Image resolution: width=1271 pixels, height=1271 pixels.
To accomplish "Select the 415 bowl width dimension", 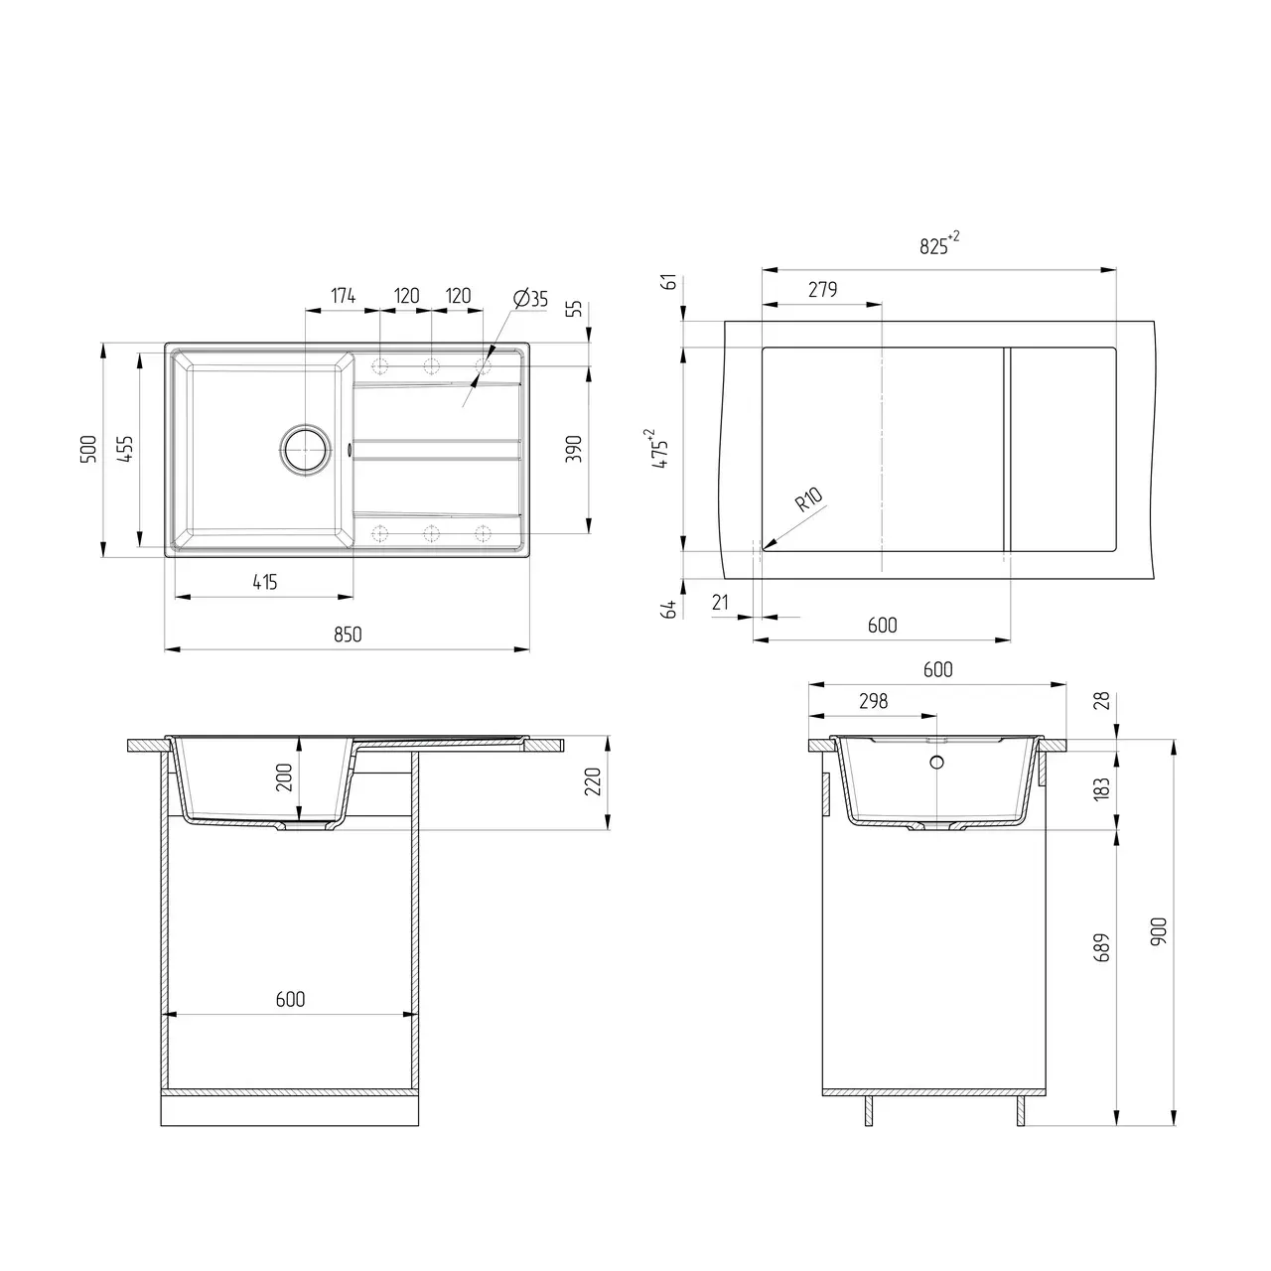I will pos(264,583).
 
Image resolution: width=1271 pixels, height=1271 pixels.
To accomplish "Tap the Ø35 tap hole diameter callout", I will pos(531,299).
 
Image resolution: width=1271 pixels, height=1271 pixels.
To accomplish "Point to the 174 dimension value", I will pos(343,296).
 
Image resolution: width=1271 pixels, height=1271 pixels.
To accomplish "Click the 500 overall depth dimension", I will pos(87,450).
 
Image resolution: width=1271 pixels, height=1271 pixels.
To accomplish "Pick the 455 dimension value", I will pos(124,450).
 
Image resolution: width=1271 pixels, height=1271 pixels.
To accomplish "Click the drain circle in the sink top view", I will pos(305,449).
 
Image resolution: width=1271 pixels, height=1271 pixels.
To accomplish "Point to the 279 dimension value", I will pos(822,289).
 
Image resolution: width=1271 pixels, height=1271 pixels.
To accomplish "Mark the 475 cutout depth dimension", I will pos(661,449).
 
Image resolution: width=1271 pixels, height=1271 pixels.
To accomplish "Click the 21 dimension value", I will pos(721,602).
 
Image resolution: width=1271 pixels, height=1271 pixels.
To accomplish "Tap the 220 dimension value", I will pos(593,783).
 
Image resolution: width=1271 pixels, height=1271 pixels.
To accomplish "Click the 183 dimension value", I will pos(1099,790).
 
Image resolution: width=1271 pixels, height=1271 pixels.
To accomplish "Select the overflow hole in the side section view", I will pos(936,763).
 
